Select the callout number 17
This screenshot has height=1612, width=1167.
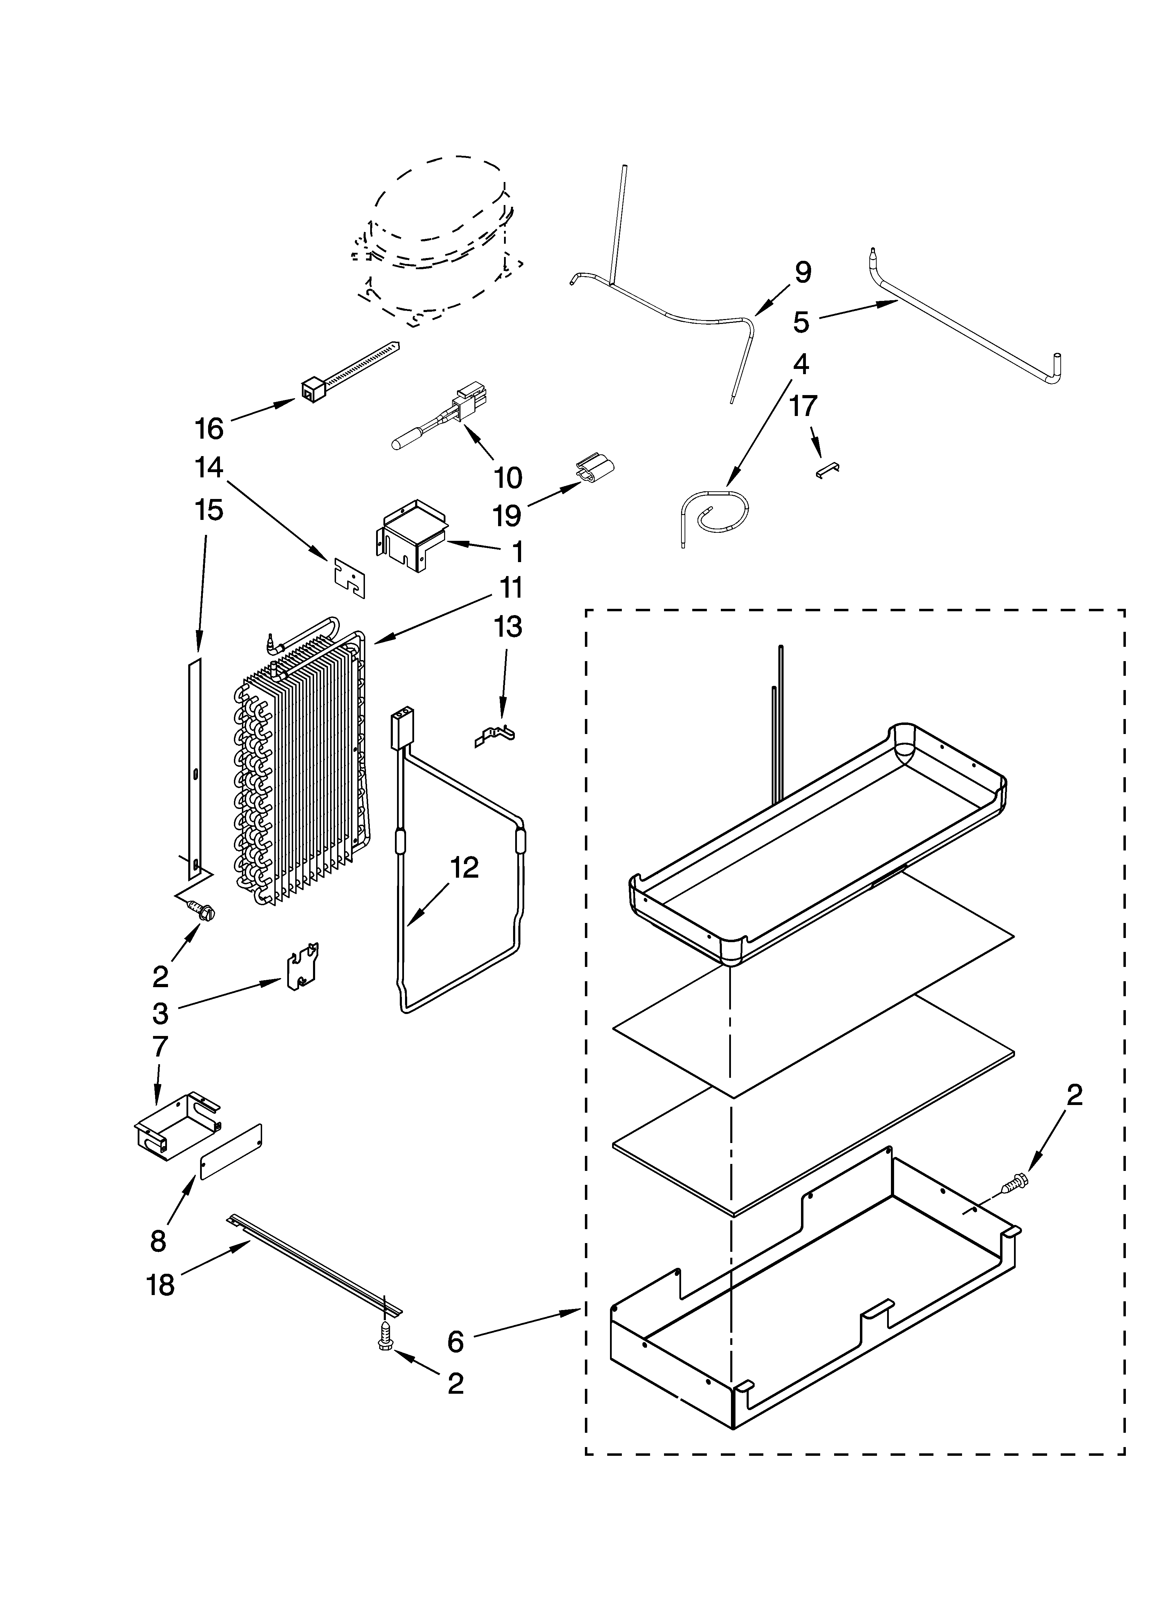803,407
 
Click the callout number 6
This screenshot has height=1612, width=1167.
456,1341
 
